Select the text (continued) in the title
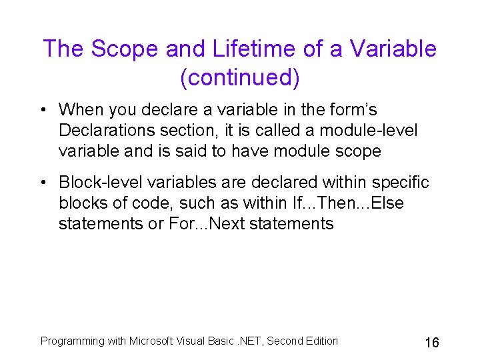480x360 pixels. pyautogui.click(x=240, y=78)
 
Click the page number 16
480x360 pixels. pyautogui.click(x=431, y=343)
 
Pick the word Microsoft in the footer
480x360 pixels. pyautogui.click(x=152, y=341)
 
